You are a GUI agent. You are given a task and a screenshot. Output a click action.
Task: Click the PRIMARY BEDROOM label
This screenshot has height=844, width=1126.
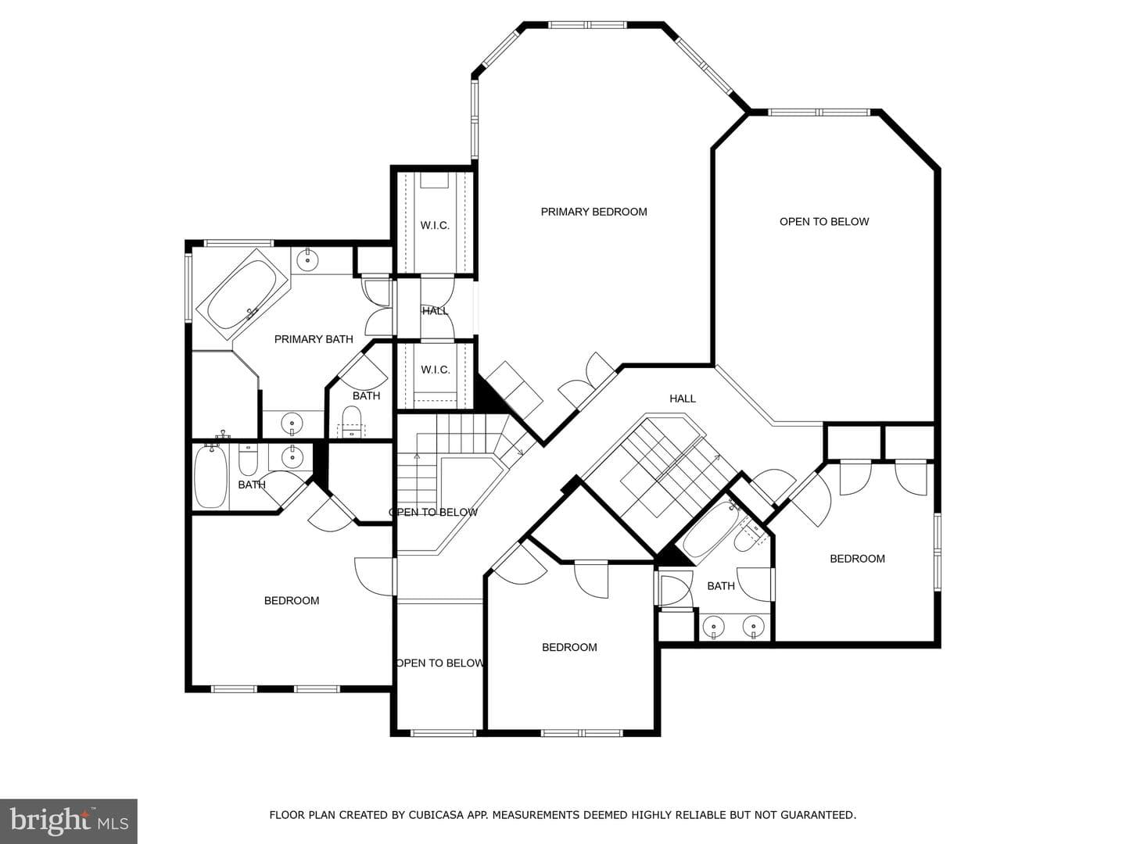593,212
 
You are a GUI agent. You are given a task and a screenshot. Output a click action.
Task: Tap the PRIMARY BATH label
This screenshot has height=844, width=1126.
314,339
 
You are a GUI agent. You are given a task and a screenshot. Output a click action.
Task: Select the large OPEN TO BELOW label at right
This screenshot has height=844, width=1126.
824,222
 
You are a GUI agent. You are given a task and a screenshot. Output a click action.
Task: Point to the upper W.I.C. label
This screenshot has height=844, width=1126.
435,226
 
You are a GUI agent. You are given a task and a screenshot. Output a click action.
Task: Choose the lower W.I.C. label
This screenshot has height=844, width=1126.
435,370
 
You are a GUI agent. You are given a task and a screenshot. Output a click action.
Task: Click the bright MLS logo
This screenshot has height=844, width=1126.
69,821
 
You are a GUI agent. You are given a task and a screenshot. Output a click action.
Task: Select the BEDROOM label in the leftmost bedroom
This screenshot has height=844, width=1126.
292,601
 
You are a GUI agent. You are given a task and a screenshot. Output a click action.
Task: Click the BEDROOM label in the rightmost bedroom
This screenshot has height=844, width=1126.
857,559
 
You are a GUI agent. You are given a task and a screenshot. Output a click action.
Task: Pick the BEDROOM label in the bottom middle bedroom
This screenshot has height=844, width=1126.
569,647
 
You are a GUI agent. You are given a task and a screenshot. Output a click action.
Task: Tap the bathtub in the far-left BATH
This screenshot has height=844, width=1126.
211,477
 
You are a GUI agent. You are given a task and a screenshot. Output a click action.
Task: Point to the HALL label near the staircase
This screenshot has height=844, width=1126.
683,399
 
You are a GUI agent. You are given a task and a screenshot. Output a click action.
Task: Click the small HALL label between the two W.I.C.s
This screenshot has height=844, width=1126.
435,311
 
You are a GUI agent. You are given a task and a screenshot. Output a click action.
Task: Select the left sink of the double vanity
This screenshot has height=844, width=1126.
714,627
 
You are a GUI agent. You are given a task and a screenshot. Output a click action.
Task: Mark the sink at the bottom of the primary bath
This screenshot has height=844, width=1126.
292,424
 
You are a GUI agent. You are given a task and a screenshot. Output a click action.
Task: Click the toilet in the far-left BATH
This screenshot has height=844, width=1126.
249,460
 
